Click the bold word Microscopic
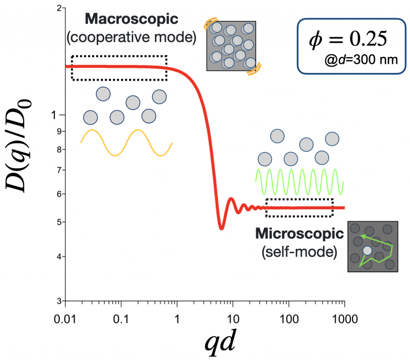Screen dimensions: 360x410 pyautogui.click(x=299, y=233)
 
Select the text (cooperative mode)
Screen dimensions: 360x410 pyautogui.click(x=131, y=37)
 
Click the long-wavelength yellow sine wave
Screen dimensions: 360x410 pyautogui.click(x=127, y=143)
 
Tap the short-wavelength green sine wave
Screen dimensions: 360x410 pyautogui.click(x=299, y=181)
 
